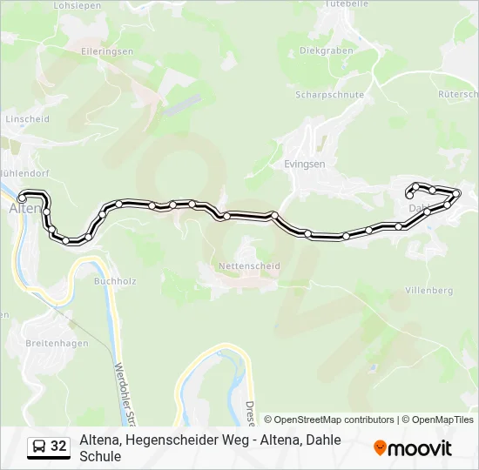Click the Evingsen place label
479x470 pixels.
pos(304,163)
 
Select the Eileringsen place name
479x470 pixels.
pos(107,51)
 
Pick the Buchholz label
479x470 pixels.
pos(115,281)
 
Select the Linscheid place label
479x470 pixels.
pos(27,117)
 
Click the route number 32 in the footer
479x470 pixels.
pos(58,446)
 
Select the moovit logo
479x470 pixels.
pos(413,448)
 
